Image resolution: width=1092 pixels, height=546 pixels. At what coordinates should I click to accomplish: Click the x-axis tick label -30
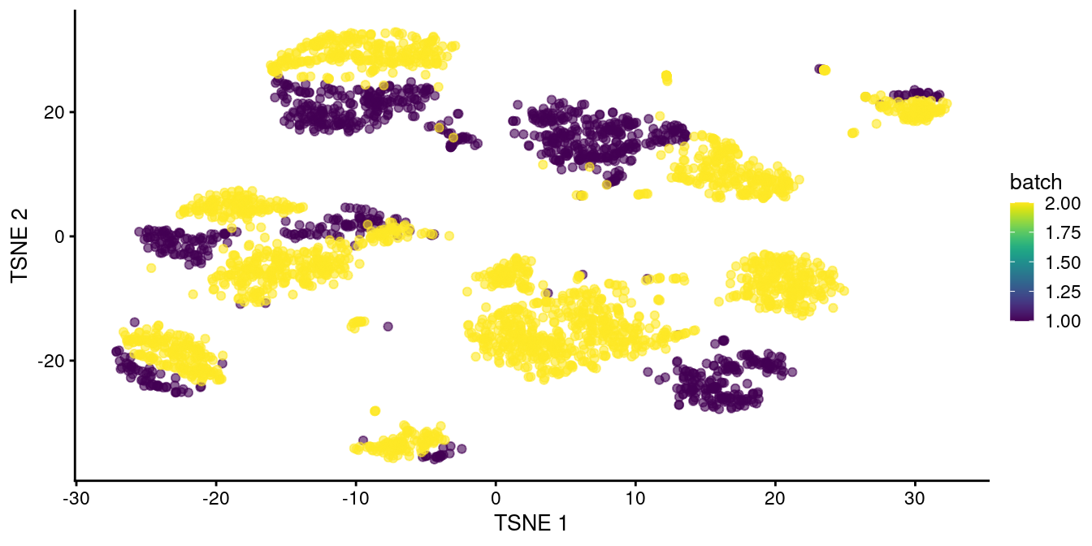(x=73, y=494)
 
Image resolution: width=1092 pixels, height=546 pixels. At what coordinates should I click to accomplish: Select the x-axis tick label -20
(x=214, y=494)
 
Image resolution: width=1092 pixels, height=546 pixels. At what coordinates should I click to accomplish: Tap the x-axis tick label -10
(x=353, y=494)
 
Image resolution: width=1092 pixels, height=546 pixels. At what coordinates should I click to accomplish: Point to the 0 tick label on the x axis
(x=495, y=494)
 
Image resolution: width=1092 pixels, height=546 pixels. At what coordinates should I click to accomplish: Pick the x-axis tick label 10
(x=635, y=494)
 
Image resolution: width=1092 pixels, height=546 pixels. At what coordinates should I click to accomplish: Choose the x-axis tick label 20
(x=774, y=494)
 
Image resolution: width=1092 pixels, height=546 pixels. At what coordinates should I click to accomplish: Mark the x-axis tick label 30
(x=915, y=494)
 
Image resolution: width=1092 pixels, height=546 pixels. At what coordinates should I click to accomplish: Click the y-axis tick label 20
(x=54, y=112)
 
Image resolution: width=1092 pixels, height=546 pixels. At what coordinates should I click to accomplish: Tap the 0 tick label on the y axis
(x=58, y=236)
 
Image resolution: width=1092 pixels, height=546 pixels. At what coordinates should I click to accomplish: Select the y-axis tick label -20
(x=51, y=361)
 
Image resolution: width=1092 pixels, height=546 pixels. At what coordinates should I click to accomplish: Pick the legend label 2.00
(x=1059, y=203)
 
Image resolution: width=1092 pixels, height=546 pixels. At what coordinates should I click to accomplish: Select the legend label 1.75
(x=1059, y=232)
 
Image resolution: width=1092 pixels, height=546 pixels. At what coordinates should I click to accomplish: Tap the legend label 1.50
(x=1059, y=262)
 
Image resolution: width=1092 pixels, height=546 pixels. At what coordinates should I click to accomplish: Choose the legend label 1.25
(x=1059, y=291)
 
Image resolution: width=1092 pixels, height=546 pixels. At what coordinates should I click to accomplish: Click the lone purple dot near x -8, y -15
(x=388, y=327)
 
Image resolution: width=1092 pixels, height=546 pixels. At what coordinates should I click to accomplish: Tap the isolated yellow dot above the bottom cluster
(x=375, y=411)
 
